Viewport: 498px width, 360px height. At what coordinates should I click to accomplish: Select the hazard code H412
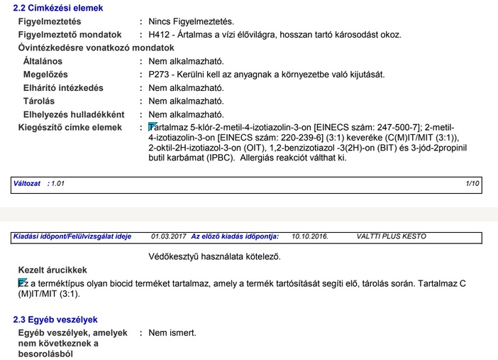pos(160,34)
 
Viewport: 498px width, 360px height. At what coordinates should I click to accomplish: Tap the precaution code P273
pos(160,74)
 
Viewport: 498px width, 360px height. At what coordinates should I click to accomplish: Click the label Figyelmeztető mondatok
pos(70,34)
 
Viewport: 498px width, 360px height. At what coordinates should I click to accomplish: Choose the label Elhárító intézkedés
pos(63,87)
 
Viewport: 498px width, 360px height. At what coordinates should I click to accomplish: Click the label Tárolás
pos(40,101)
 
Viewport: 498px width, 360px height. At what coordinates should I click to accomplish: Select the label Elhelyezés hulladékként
pos(74,114)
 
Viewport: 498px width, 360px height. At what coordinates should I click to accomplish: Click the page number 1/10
pos(473,183)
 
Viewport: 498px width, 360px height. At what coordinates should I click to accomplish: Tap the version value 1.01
pos(57,183)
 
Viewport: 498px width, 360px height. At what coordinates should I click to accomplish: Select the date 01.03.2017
pos(169,236)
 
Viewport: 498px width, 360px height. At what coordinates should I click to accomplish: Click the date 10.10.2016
pos(310,236)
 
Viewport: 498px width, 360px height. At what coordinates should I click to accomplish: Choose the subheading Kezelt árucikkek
pos(52,270)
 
